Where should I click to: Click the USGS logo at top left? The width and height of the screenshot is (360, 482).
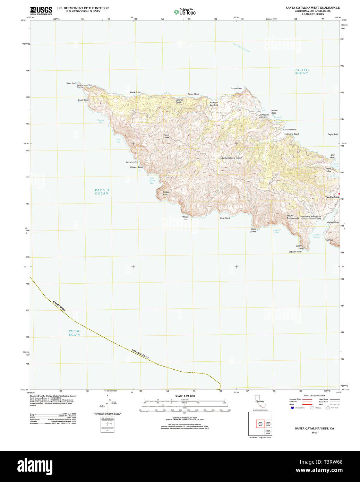tap(41, 10)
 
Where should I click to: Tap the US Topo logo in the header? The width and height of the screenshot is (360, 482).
tap(185, 12)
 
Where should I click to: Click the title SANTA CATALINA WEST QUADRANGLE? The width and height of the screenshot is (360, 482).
tap(312, 8)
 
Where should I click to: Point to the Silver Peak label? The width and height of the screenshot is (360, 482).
tap(166, 136)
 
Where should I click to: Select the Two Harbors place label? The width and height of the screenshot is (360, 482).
tap(332, 197)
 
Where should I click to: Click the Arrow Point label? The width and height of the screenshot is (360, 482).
tap(237, 88)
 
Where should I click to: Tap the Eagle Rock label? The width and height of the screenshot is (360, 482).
tap(83, 100)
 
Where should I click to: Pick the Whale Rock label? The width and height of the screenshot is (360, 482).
tap(186, 218)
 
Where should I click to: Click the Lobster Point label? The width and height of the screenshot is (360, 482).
tap(295, 252)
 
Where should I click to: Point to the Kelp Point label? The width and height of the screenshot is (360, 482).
tap(225, 218)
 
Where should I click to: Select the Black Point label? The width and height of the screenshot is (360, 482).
tap(135, 93)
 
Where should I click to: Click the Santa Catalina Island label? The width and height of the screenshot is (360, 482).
tap(231, 158)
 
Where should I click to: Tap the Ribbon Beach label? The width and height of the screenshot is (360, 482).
tap(137, 167)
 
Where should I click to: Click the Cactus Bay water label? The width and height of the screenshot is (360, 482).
tap(101, 121)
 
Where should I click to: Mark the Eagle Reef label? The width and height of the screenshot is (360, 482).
tap(333, 135)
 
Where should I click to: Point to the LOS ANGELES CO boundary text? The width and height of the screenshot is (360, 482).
tap(140, 354)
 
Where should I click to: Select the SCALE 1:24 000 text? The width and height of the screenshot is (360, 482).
tap(185, 396)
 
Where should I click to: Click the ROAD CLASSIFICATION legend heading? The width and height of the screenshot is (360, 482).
tap(314, 396)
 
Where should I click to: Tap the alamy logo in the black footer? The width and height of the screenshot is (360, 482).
tap(35, 466)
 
